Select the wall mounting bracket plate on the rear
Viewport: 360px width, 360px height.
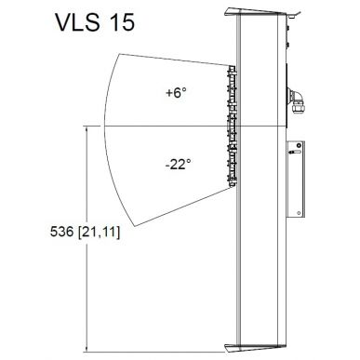click(299, 181)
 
